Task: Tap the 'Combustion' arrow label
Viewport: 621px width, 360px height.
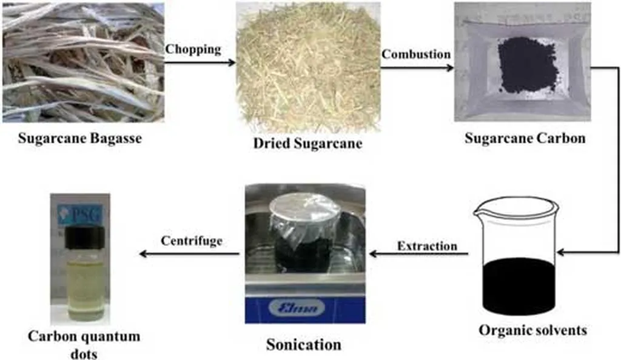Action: tap(415, 54)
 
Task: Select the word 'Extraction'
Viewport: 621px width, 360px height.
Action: tap(427, 246)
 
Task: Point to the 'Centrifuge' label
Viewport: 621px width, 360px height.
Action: tap(192, 241)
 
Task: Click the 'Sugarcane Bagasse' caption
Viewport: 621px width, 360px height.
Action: tap(80, 138)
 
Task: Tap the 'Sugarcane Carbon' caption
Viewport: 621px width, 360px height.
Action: tap(525, 138)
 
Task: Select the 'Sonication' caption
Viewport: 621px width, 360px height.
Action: tap(304, 345)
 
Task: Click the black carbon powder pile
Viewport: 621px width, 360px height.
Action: tap(527, 65)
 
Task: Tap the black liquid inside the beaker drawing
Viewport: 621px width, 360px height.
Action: tap(519, 285)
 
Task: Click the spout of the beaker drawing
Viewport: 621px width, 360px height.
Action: tap(480, 209)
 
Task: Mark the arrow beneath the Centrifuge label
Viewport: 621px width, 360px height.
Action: tap(189, 254)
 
